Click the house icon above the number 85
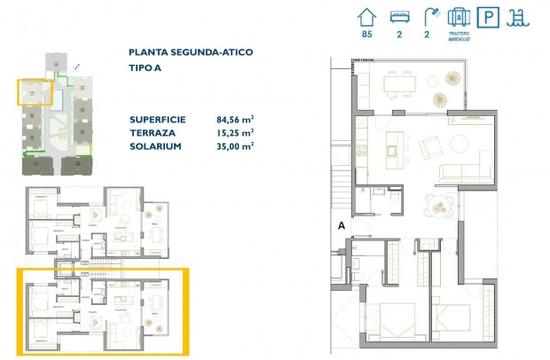point(365,16)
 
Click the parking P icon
point(487,17)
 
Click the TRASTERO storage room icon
point(458,16)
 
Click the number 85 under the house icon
point(365,35)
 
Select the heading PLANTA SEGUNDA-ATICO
point(190,52)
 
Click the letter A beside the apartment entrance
point(341,226)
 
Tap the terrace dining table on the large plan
point(398,82)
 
